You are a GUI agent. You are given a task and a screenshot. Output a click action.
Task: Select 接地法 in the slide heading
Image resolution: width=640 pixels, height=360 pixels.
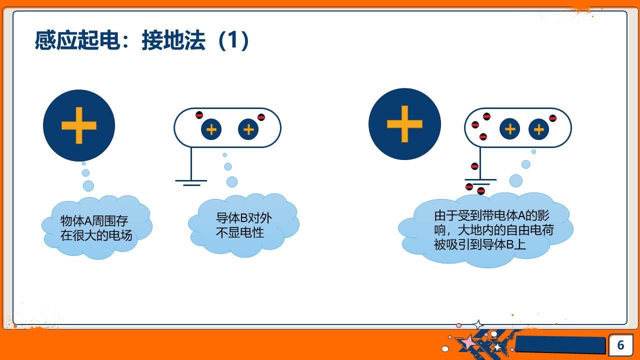(x=173, y=40)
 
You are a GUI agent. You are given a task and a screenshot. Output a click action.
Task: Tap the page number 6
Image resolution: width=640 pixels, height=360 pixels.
(x=620, y=345)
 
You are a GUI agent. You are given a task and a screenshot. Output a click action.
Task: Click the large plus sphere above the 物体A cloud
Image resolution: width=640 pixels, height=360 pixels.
(x=79, y=125)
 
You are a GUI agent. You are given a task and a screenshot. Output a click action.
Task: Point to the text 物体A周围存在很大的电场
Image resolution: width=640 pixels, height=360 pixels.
(x=96, y=228)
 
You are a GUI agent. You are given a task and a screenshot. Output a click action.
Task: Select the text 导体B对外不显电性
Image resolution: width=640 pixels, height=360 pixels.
(x=243, y=225)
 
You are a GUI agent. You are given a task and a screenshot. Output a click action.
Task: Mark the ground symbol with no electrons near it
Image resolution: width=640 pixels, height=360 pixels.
(x=191, y=182)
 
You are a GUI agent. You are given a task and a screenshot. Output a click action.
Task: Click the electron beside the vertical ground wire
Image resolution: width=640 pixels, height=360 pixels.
(x=474, y=166)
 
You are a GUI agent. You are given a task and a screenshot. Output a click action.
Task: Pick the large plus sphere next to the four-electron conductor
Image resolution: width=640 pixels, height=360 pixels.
(x=404, y=124)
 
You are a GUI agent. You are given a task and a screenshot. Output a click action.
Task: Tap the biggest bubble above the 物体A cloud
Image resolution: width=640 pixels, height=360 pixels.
(x=88, y=186)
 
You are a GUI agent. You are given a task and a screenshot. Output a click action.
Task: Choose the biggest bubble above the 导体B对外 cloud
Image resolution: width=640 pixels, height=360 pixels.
(x=232, y=181)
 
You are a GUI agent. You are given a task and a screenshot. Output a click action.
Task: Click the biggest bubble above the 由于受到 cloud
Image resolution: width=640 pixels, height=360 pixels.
(x=515, y=180)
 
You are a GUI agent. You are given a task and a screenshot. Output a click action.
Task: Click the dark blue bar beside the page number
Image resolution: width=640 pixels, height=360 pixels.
(x=560, y=344)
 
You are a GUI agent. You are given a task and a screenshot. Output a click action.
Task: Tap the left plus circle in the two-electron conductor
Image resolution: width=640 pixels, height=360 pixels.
(x=211, y=129)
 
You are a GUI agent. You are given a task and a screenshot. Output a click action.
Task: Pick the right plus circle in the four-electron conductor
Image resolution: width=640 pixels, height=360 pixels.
(x=538, y=130)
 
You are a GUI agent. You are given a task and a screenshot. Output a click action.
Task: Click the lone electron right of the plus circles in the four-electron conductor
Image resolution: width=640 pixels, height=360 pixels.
(x=552, y=118)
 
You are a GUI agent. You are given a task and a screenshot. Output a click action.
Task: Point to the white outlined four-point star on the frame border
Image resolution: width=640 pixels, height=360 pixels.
(x=478, y=325)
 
